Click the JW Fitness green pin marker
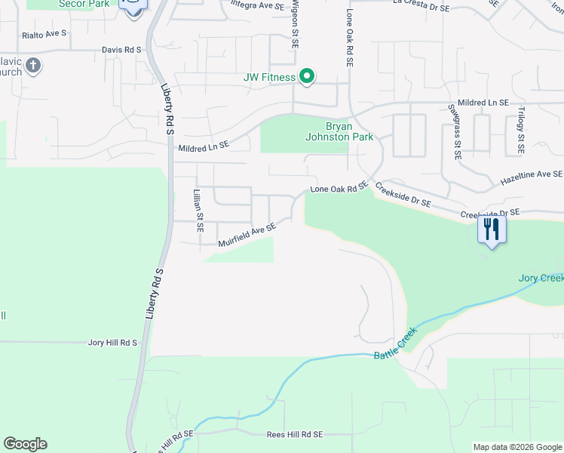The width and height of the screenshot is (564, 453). [307, 76]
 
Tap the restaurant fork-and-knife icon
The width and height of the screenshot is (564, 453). [492, 229]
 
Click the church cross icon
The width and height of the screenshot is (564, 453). [32, 66]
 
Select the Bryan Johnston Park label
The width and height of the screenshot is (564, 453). [339, 132]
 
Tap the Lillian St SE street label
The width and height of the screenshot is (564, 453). [199, 211]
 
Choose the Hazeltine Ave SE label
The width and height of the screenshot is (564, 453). [532, 178]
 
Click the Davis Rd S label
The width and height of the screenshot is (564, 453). [122, 50]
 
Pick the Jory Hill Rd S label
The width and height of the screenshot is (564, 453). [112, 343]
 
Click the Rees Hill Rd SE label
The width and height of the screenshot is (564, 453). [295, 435]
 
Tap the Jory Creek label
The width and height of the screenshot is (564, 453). [541, 278]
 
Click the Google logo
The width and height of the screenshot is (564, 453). [25, 444]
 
